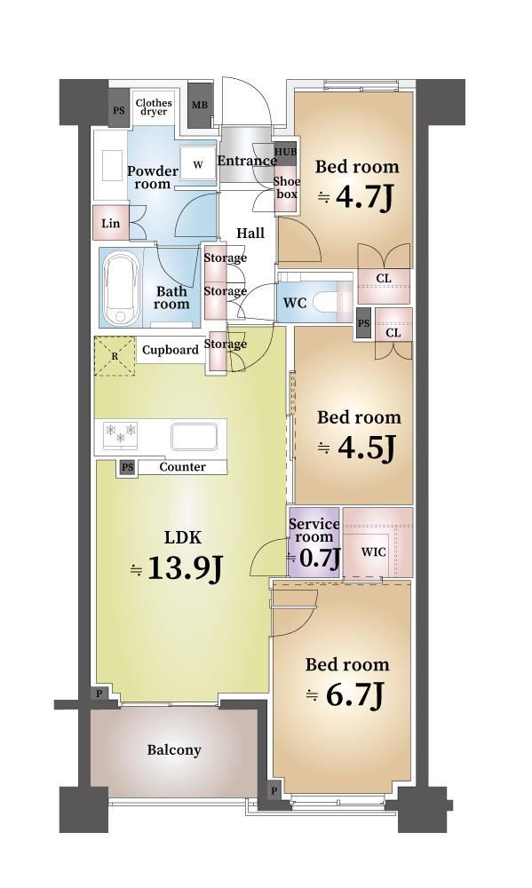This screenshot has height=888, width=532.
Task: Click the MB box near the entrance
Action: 200,106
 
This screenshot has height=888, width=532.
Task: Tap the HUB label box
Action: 286,153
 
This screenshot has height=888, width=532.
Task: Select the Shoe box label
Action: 287,187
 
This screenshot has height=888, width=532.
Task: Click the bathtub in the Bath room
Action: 122,288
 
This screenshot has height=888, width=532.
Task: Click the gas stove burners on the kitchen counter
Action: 120,433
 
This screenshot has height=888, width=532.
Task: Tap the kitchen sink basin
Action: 195,436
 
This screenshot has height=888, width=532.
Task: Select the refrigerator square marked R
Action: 115,356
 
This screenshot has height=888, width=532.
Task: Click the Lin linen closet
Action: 111,223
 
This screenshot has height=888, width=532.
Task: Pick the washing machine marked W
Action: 198,165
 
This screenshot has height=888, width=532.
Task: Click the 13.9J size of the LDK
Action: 184,568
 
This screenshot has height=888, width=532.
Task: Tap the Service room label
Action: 314,530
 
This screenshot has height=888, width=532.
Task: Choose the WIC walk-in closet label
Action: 373,551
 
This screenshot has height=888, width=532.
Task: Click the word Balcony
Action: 174,750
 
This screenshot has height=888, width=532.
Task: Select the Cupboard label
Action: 170,350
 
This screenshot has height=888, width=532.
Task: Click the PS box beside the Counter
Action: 128,467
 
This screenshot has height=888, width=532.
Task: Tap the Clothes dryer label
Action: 154,107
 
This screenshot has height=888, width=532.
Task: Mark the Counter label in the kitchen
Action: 182,467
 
